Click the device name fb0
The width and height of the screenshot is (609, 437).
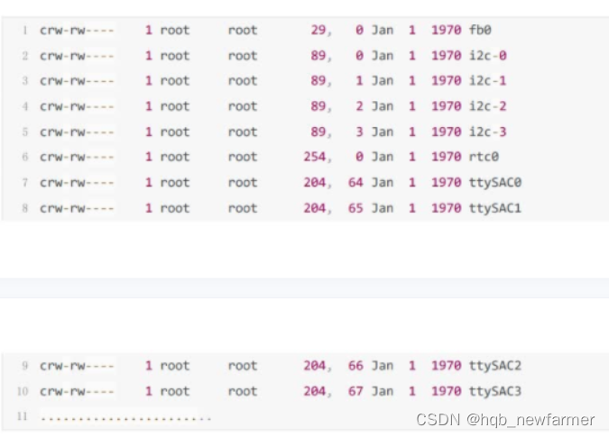480,30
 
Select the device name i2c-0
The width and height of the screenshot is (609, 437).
487,55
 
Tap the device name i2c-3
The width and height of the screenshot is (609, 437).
487,132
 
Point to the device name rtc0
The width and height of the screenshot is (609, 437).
484,157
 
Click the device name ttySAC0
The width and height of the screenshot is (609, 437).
494,182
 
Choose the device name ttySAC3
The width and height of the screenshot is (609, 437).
494,391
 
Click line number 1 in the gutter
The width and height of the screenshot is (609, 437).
25,31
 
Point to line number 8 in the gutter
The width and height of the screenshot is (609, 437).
25,208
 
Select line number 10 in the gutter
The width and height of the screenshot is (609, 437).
23,392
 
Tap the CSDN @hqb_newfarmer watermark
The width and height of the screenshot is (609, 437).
504,420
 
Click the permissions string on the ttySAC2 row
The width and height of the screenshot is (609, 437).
77,366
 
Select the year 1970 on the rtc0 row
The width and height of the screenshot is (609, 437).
446,157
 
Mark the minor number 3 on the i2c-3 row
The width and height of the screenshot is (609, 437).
359,132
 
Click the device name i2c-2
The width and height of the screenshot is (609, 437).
487,105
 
